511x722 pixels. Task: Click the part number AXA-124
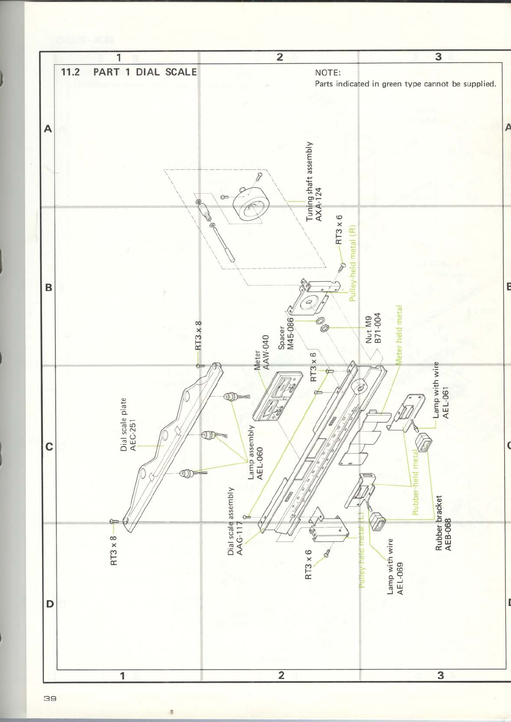click(x=319, y=204)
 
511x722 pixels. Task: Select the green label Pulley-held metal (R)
click(x=353, y=263)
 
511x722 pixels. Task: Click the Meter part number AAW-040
click(x=266, y=352)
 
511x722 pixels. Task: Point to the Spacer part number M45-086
click(x=291, y=333)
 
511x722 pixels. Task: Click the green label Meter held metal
click(x=399, y=335)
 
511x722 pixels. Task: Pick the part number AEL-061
click(x=446, y=403)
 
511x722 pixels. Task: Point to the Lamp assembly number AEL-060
click(x=260, y=463)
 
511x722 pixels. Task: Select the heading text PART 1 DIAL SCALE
click(x=145, y=72)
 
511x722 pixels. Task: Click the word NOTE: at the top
click(x=328, y=73)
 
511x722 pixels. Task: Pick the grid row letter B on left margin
click(x=49, y=287)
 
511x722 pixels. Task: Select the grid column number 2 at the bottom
click(x=281, y=675)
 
